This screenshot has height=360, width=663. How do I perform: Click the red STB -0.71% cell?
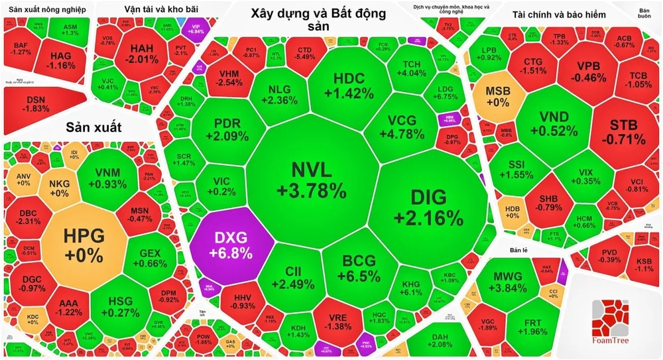coord(623,131)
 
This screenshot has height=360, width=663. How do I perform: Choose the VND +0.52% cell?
coord(554,125)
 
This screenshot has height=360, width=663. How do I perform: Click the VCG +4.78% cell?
coord(406,126)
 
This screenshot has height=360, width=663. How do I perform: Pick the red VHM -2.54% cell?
coord(228,78)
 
